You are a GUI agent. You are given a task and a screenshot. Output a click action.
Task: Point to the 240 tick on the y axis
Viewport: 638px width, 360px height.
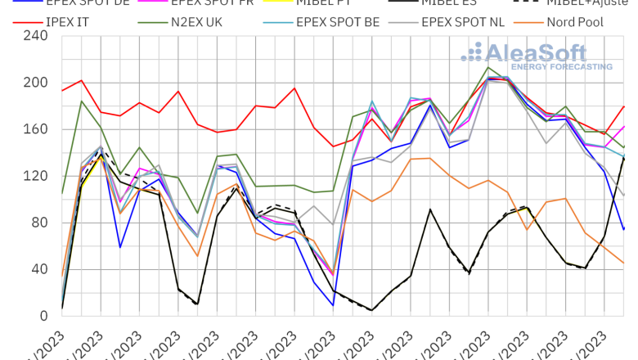(x=37, y=36)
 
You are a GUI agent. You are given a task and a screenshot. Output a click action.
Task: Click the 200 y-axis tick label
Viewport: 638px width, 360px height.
(x=37, y=83)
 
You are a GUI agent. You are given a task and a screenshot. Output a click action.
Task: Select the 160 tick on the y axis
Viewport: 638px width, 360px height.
(x=37, y=129)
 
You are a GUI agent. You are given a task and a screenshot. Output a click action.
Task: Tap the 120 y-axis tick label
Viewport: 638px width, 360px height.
(x=37, y=176)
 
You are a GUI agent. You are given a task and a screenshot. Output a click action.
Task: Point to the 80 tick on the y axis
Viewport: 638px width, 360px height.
(x=40, y=223)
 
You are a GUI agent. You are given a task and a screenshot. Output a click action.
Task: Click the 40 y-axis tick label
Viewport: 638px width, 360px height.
(x=40, y=269)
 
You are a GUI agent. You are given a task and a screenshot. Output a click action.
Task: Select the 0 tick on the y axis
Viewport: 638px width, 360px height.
(x=44, y=316)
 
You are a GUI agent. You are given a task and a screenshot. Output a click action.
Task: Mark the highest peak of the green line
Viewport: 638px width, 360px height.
(x=488, y=67)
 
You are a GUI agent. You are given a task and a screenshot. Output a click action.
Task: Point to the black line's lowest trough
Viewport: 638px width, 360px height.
(x=372, y=310)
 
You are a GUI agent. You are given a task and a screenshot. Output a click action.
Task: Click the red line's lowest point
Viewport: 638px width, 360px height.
(x=333, y=146)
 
